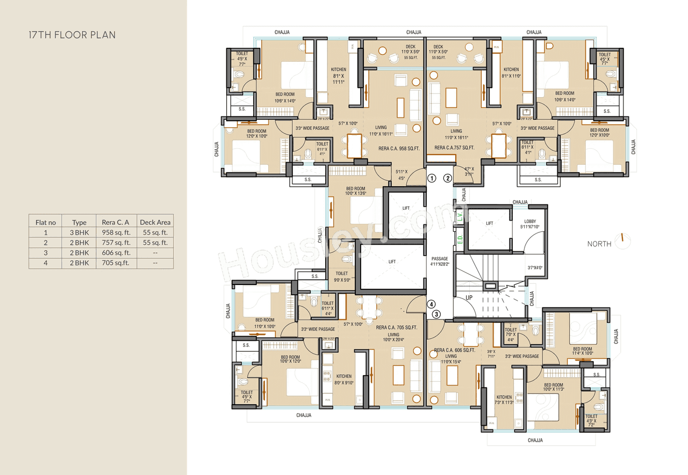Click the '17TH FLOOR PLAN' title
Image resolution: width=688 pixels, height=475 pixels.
click(71, 35)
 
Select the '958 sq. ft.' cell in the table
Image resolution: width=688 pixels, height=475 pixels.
click(116, 233)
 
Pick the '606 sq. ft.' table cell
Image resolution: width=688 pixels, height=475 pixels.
click(116, 253)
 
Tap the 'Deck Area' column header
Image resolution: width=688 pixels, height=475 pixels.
click(155, 222)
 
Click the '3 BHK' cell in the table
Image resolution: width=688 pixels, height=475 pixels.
click(79, 233)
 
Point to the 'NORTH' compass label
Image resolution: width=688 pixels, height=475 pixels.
click(599, 244)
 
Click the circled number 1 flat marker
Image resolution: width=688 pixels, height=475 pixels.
click(431, 178)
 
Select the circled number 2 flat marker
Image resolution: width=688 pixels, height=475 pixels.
click(447, 178)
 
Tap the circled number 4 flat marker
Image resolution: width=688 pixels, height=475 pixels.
click(431, 304)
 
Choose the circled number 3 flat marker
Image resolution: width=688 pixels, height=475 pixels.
click(436, 314)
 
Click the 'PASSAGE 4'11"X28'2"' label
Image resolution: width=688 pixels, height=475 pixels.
click(440, 261)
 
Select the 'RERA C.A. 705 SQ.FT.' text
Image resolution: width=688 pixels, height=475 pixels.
click(397, 327)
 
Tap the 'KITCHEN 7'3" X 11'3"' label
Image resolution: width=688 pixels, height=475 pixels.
click(504, 400)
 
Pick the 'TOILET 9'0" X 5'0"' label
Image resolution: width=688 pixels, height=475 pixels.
click(342, 276)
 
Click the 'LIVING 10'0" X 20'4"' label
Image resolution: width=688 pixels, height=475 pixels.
click(393, 337)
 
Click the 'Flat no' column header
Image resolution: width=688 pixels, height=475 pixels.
click(46, 222)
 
